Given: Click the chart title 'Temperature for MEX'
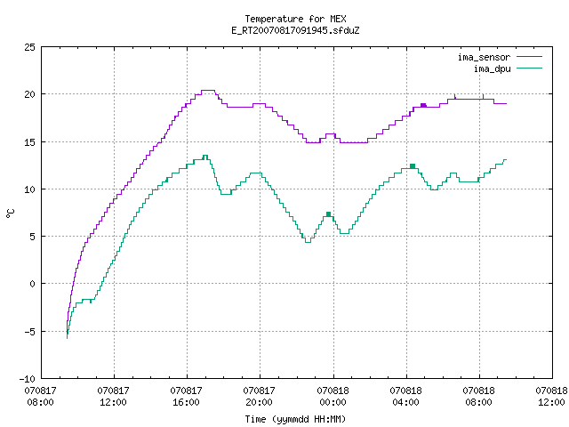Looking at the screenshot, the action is pyautogui.click(x=295, y=19).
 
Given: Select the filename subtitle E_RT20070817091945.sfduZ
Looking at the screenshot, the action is pyautogui.click(x=295, y=30).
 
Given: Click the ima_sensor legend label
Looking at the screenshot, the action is pyautogui.click(x=484, y=57).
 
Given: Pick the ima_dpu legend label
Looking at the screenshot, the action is pyautogui.click(x=492, y=68).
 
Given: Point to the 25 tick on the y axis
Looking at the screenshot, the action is pyautogui.click(x=29, y=47).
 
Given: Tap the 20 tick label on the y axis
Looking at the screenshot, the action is pyautogui.click(x=29, y=94).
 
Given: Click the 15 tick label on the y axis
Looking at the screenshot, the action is pyautogui.click(x=29, y=142).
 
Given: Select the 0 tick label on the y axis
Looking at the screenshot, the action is pyautogui.click(x=32, y=284).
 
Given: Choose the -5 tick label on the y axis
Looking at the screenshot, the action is pyautogui.click(x=28, y=332).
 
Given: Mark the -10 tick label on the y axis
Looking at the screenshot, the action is pyautogui.click(x=28, y=379).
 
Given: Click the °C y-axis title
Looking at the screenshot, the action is pyautogui.click(x=11, y=213).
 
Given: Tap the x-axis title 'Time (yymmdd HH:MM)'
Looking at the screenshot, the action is pyautogui.click(x=295, y=419).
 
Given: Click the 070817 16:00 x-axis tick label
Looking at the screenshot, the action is pyautogui.click(x=186, y=397).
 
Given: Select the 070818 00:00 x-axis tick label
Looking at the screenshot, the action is pyautogui.click(x=333, y=397).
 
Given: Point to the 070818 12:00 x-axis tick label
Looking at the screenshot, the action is pyautogui.click(x=551, y=397).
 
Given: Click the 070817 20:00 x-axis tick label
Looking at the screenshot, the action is pyautogui.click(x=259, y=397).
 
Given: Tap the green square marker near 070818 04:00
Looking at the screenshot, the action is pyautogui.click(x=413, y=166).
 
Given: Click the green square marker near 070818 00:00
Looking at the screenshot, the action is pyautogui.click(x=328, y=214).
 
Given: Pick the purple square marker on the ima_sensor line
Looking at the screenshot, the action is pyautogui.click(x=423, y=105).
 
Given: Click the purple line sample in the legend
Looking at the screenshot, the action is pyautogui.click(x=529, y=57).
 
